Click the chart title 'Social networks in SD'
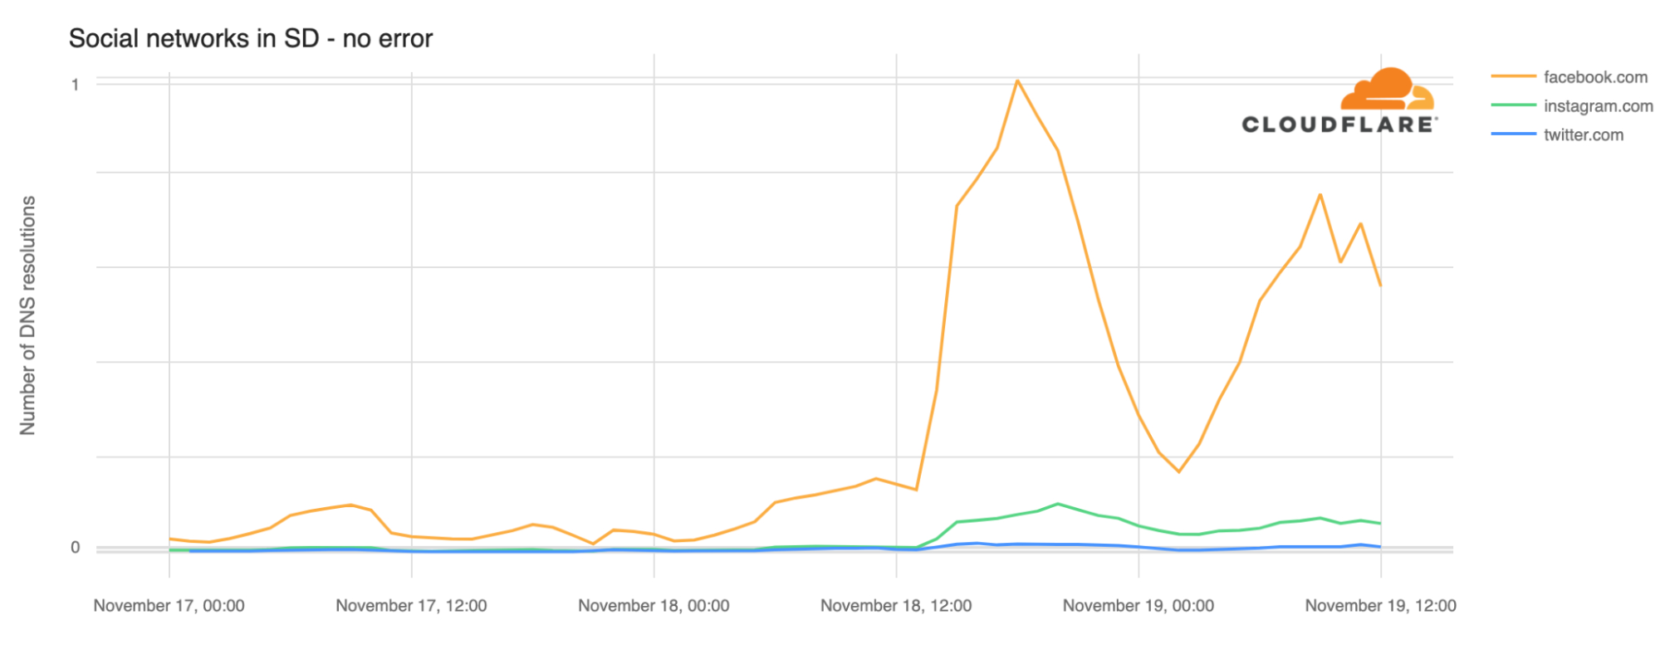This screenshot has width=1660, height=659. tap(250, 39)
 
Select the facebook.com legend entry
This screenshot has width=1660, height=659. tap(1594, 77)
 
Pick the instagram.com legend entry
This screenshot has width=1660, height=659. tap(1598, 106)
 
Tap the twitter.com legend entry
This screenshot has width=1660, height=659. tap(1583, 135)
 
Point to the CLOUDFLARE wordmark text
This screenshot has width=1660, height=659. tap(1339, 125)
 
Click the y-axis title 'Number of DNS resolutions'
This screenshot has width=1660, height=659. tap(28, 315)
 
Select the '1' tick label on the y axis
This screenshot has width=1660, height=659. tap(75, 85)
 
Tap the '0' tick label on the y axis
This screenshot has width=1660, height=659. tap(75, 548)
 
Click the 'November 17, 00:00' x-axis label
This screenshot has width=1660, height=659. tap(169, 606)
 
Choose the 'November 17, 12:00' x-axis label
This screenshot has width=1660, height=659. tap(411, 606)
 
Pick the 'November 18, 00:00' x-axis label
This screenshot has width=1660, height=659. tap(654, 606)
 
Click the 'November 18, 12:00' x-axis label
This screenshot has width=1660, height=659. tap(896, 606)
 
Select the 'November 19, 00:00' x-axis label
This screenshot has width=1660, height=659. tap(1138, 606)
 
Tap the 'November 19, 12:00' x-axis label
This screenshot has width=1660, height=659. tap(1380, 606)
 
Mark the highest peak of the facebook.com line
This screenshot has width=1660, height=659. tap(1017, 81)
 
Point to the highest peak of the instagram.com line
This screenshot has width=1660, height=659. tap(1057, 504)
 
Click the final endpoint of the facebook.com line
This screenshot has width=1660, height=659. tap(1380, 286)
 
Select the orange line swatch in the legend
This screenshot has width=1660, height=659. tap(1513, 77)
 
